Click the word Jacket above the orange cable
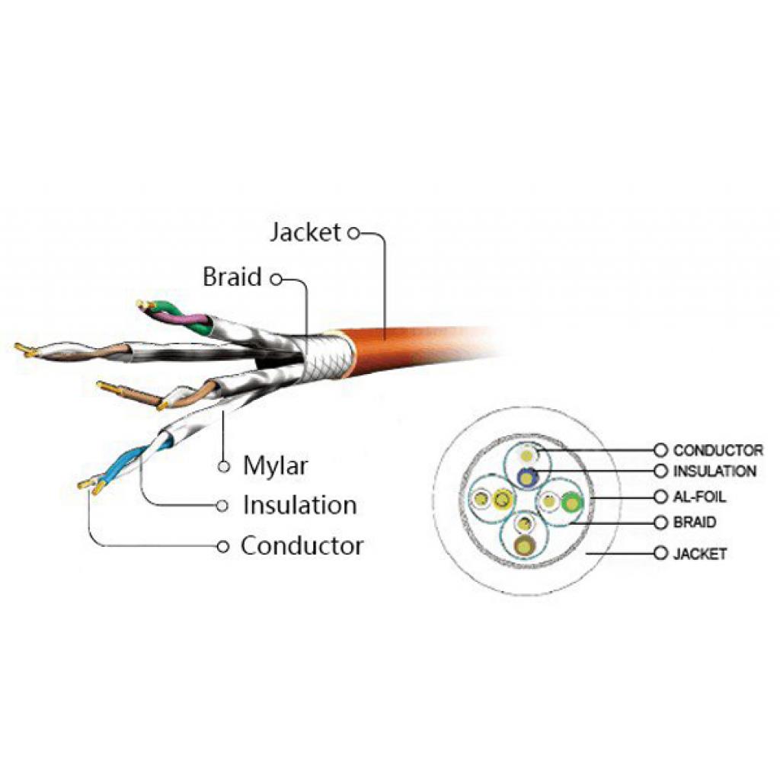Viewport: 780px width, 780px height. click(305, 232)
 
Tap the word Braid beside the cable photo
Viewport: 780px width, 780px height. click(232, 277)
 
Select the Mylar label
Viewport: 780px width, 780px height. click(276, 465)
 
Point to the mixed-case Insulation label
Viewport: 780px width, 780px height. click(299, 505)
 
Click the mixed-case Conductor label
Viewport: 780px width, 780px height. click(302, 546)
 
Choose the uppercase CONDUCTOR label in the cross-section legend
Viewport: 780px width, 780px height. click(718, 451)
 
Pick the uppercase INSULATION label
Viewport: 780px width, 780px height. click(714, 472)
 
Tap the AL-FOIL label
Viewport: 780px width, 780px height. click(699, 497)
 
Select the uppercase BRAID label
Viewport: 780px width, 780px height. click(694, 523)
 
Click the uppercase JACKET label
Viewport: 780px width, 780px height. click(699, 554)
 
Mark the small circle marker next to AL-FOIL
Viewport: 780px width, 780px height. click(660, 497)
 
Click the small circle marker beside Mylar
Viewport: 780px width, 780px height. click(224, 465)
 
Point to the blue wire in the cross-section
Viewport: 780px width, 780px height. click(526, 478)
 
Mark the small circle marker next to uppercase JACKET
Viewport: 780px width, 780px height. click(660, 554)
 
